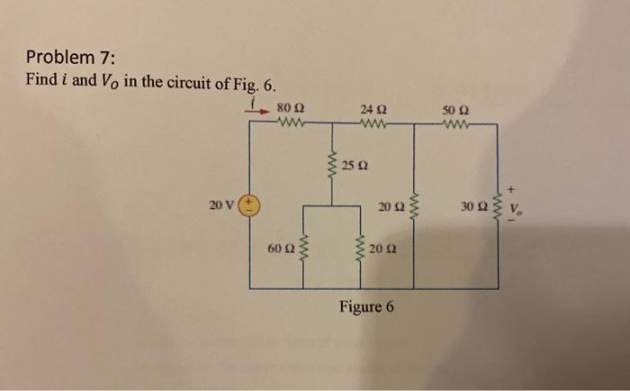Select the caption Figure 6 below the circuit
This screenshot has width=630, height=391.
tap(366, 306)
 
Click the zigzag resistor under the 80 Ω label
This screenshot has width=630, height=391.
tap(291, 126)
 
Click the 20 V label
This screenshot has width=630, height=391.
tap(221, 205)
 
